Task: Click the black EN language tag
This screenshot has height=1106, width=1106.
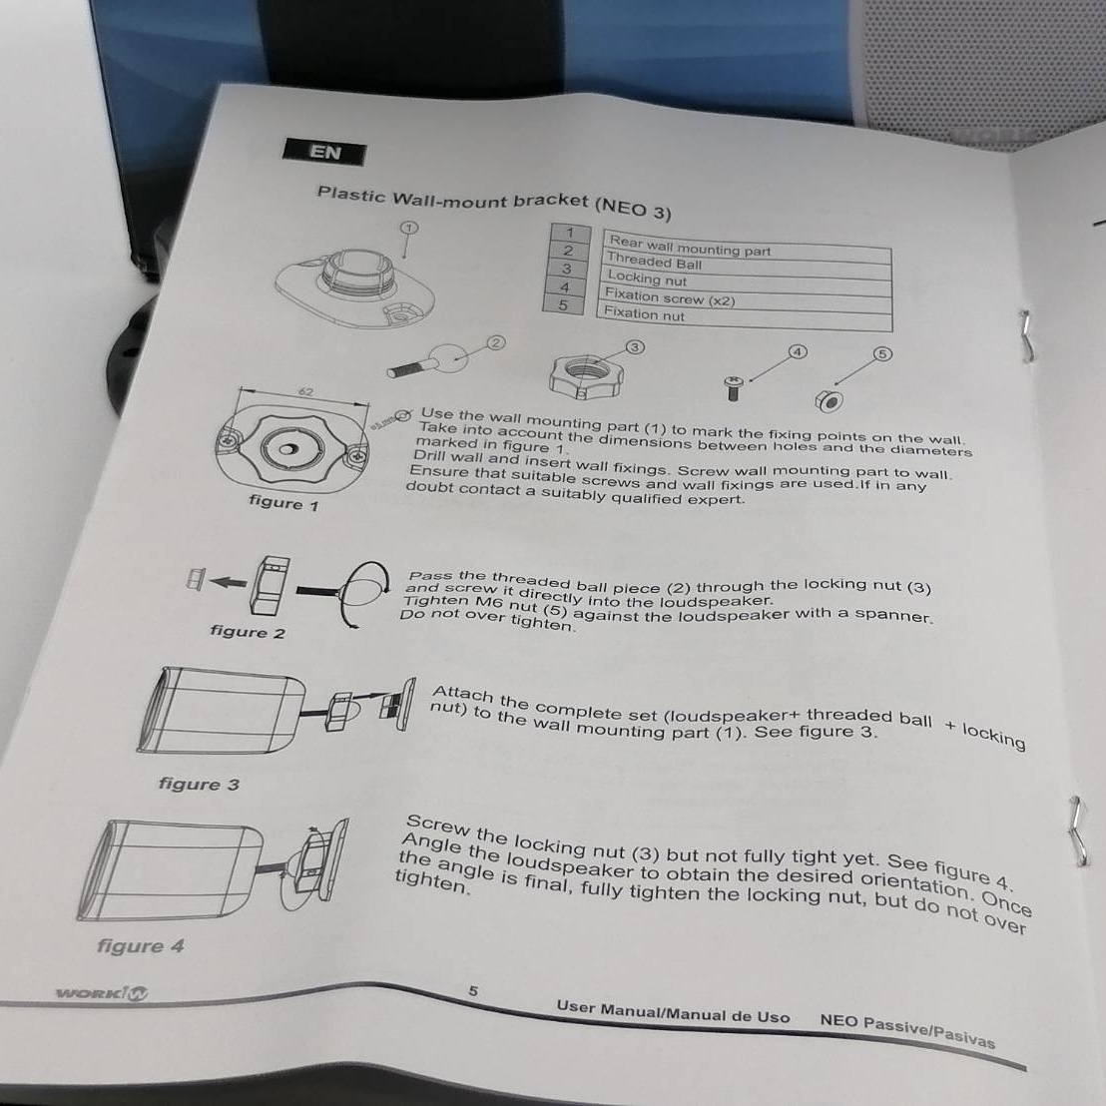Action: point(324,152)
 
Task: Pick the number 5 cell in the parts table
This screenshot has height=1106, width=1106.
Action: point(563,305)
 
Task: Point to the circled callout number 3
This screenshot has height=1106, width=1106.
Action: point(635,347)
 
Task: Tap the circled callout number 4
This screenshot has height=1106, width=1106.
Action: point(798,352)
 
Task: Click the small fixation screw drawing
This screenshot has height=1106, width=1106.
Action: point(734,387)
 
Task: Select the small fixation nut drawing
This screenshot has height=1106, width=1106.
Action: point(829,400)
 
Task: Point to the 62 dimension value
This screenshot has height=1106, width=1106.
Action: point(306,391)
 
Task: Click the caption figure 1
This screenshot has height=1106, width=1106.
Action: point(283,503)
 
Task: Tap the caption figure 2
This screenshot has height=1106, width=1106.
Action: point(248,632)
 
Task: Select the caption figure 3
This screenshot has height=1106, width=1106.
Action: point(199,784)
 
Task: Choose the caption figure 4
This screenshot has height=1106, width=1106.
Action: point(141,945)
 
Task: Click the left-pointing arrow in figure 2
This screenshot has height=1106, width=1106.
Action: point(229,583)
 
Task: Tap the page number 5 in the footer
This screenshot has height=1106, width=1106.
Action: point(473,990)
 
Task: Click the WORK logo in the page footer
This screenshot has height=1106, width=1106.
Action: point(102,994)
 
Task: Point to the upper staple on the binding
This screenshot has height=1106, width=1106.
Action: point(1026,336)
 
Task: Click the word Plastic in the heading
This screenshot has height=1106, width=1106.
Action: point(351,194)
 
